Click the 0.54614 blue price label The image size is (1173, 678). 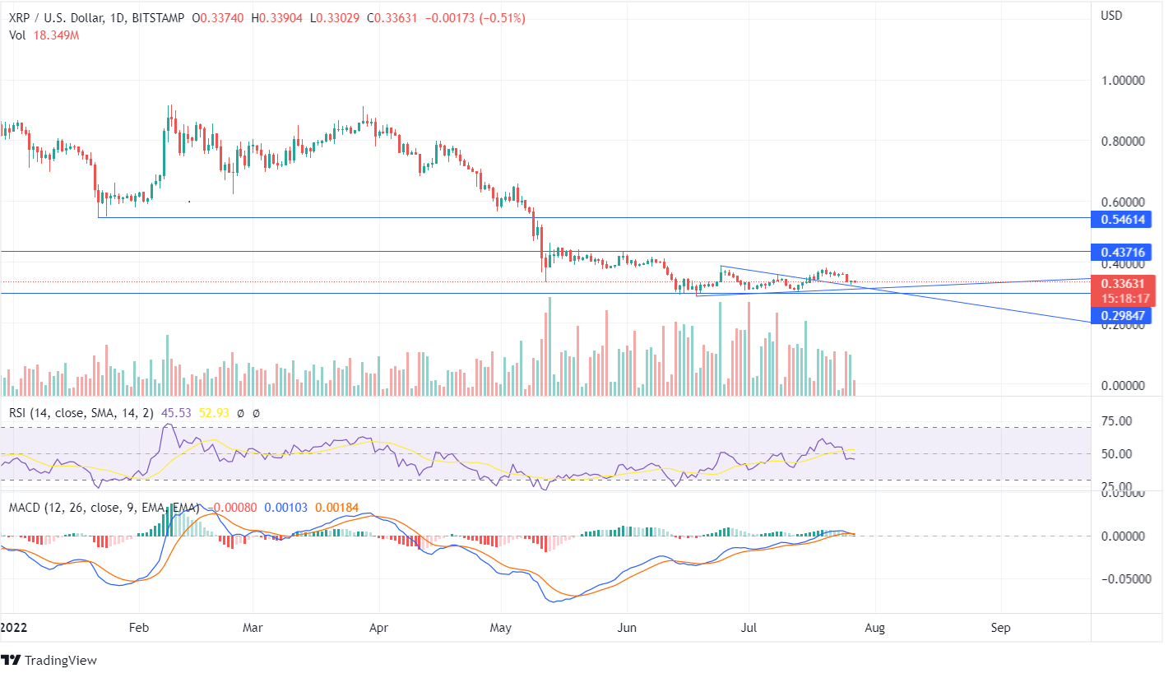(1124, 219)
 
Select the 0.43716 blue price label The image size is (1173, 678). (1124, 252)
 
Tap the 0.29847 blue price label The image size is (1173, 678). (1124, 315)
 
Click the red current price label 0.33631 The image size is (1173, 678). (1124, 283)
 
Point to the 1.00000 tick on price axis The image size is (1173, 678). (1124, 81)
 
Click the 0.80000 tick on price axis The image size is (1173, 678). (1124, 142)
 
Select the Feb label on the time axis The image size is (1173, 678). (138, 627)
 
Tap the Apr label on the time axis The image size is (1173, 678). (379, 627)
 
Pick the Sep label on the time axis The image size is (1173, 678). (1000, 627)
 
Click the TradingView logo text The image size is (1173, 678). (60, 661)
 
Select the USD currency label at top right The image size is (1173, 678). (1112, 15)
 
